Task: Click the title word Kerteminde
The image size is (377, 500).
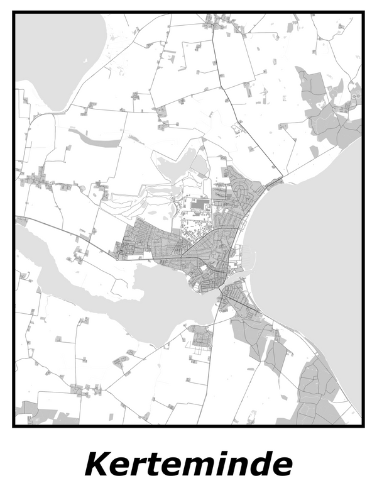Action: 188,464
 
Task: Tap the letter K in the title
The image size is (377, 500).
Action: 99,464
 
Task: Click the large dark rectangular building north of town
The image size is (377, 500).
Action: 200,204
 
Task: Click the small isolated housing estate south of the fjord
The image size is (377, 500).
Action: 202,339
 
